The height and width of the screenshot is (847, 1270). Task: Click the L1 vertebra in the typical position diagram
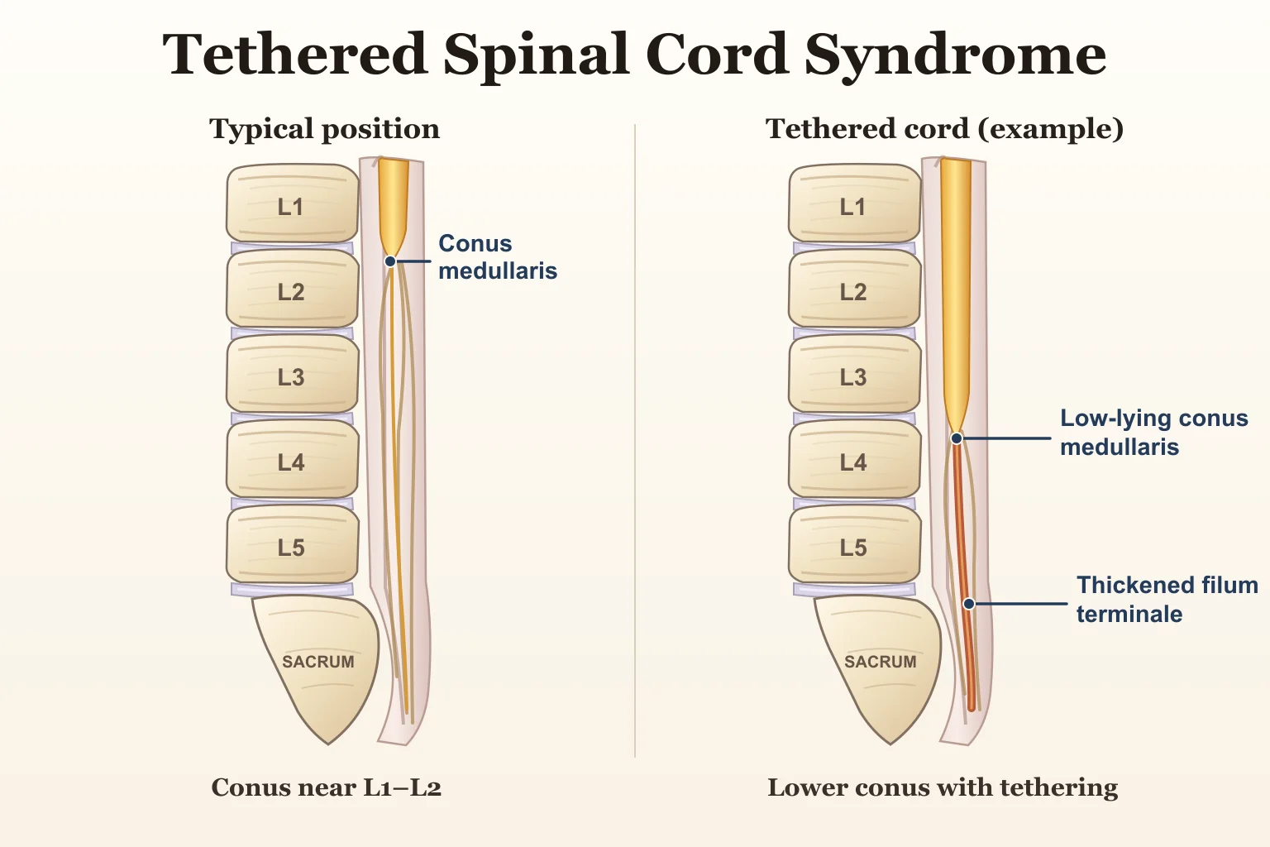click(293, 203)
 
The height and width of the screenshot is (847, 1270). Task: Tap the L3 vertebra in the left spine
click(293, 374)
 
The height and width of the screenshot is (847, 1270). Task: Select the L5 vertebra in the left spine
click(293, 544)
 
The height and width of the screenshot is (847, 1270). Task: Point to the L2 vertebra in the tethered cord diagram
click(854, 289)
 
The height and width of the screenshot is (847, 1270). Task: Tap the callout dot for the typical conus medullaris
click(390, 261)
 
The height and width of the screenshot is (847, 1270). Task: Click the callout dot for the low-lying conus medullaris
click(957, 438)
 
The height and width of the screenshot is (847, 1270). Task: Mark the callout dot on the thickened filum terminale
click(970, 604)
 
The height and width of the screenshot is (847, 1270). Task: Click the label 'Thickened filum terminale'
click(1167, 599)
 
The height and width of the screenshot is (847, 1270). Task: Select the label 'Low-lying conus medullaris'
click(1154, 433)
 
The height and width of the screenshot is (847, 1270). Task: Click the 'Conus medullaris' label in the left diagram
click(498, 257)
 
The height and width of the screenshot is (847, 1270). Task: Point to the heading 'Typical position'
click(325, 129)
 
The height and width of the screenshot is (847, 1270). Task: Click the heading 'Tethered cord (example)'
click(944, 129)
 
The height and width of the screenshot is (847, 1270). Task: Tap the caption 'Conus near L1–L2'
click(326, 787)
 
